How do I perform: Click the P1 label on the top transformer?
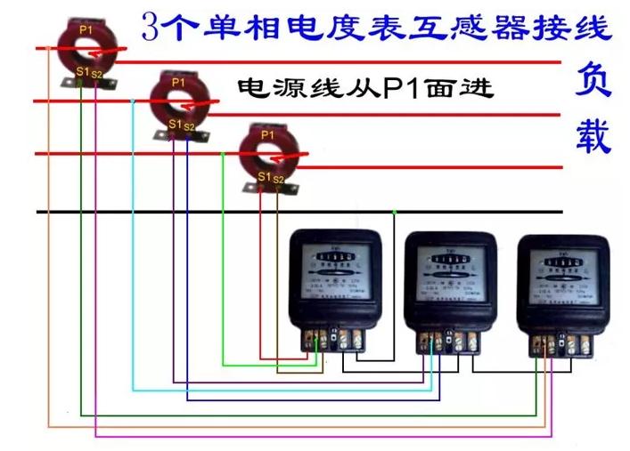click(86, 28)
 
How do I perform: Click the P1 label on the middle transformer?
click(178, 82)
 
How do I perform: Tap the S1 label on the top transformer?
click(80, 69)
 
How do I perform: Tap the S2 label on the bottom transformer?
click(278, 180)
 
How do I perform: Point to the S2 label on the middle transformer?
click(189, 127)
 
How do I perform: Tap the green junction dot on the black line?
click(394, 212)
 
